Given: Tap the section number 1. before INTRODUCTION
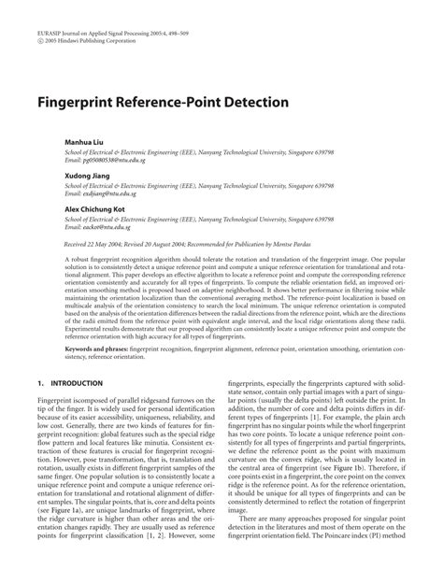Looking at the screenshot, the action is point(40,382).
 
